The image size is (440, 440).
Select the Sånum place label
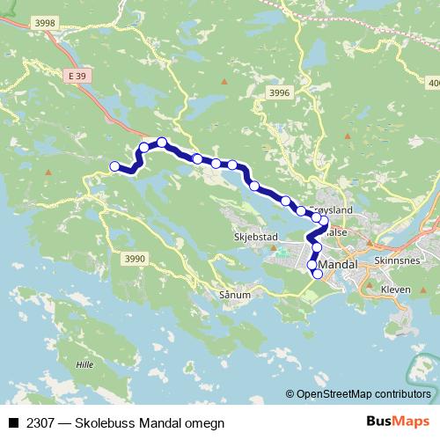(237, 295)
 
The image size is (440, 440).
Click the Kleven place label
(398, 288)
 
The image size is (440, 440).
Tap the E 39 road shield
(77, 78)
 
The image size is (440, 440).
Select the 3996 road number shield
(280, 92)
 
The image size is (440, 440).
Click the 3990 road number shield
(135, 258)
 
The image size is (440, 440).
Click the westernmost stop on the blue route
(114, 166)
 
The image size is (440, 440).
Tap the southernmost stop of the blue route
(318, 274)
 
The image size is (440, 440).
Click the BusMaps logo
(398, 422)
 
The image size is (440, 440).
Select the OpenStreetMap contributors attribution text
(363, 394)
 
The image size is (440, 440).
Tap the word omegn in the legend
(204, 423)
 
